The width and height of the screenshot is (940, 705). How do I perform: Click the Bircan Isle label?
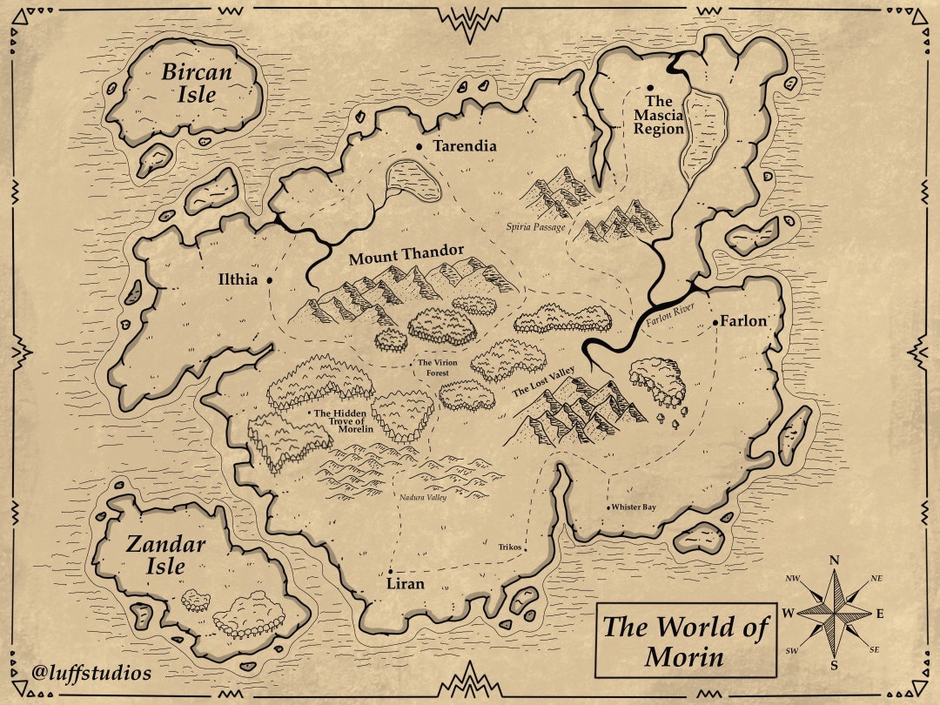[x=197, y=83]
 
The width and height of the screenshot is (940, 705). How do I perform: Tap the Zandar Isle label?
[x=165, y=555]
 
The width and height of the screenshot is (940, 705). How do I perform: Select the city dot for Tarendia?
[x=420, y=146]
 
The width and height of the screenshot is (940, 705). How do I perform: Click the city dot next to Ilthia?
[x=270, y=280]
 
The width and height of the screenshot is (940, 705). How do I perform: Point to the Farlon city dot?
[x=715, y=322]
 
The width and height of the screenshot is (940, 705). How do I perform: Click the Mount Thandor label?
[x=406, y=255]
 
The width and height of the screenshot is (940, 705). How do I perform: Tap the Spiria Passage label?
[x=535, y=227]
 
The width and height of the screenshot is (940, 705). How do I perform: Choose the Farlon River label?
[x=672, y=316]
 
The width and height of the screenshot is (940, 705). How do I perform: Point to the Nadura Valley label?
[x=423, y=499]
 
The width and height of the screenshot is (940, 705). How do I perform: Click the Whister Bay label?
[x=633, y=507]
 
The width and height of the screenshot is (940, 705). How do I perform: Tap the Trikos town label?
[x=510, y=547]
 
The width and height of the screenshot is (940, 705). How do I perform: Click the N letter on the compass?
[x=834, y=561]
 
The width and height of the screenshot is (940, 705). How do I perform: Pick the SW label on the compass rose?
[x=792, y=650]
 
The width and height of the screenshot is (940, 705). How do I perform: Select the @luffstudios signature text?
[x=91, y=673]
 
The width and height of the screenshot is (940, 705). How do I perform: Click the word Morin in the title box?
[x=684, y=656]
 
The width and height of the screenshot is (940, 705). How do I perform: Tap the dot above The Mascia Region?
[x=650, y=88]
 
